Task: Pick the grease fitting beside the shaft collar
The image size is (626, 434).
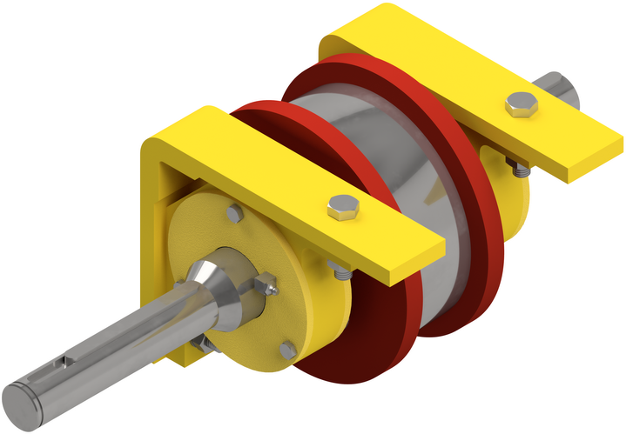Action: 266,282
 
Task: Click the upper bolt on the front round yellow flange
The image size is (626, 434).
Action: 234,213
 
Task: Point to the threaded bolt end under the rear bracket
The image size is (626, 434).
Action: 519,170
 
